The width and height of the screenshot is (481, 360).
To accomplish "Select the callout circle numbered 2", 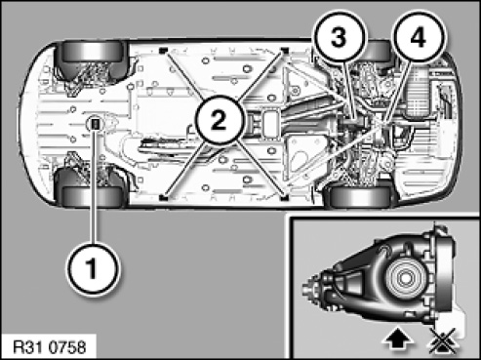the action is (219, 120).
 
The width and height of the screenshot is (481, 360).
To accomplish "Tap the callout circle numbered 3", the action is (340, 37).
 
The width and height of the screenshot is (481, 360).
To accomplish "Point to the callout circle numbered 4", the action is (419, 37).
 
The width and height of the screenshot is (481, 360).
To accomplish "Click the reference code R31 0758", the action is (50, 347).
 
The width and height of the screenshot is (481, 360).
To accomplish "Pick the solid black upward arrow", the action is (398, 340).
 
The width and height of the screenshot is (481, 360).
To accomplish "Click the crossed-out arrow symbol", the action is (445, 340).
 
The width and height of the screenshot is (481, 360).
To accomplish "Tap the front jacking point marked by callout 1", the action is (96, 123).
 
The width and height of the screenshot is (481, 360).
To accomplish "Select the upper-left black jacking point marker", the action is (163, 50).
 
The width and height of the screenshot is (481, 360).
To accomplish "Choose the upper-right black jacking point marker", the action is (285, 50).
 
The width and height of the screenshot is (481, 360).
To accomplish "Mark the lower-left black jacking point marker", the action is (163, 197).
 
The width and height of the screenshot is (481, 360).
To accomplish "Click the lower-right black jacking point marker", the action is (285, 197).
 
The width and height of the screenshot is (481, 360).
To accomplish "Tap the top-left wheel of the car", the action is (92, 52).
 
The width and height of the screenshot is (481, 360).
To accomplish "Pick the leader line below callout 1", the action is (95, 185).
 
